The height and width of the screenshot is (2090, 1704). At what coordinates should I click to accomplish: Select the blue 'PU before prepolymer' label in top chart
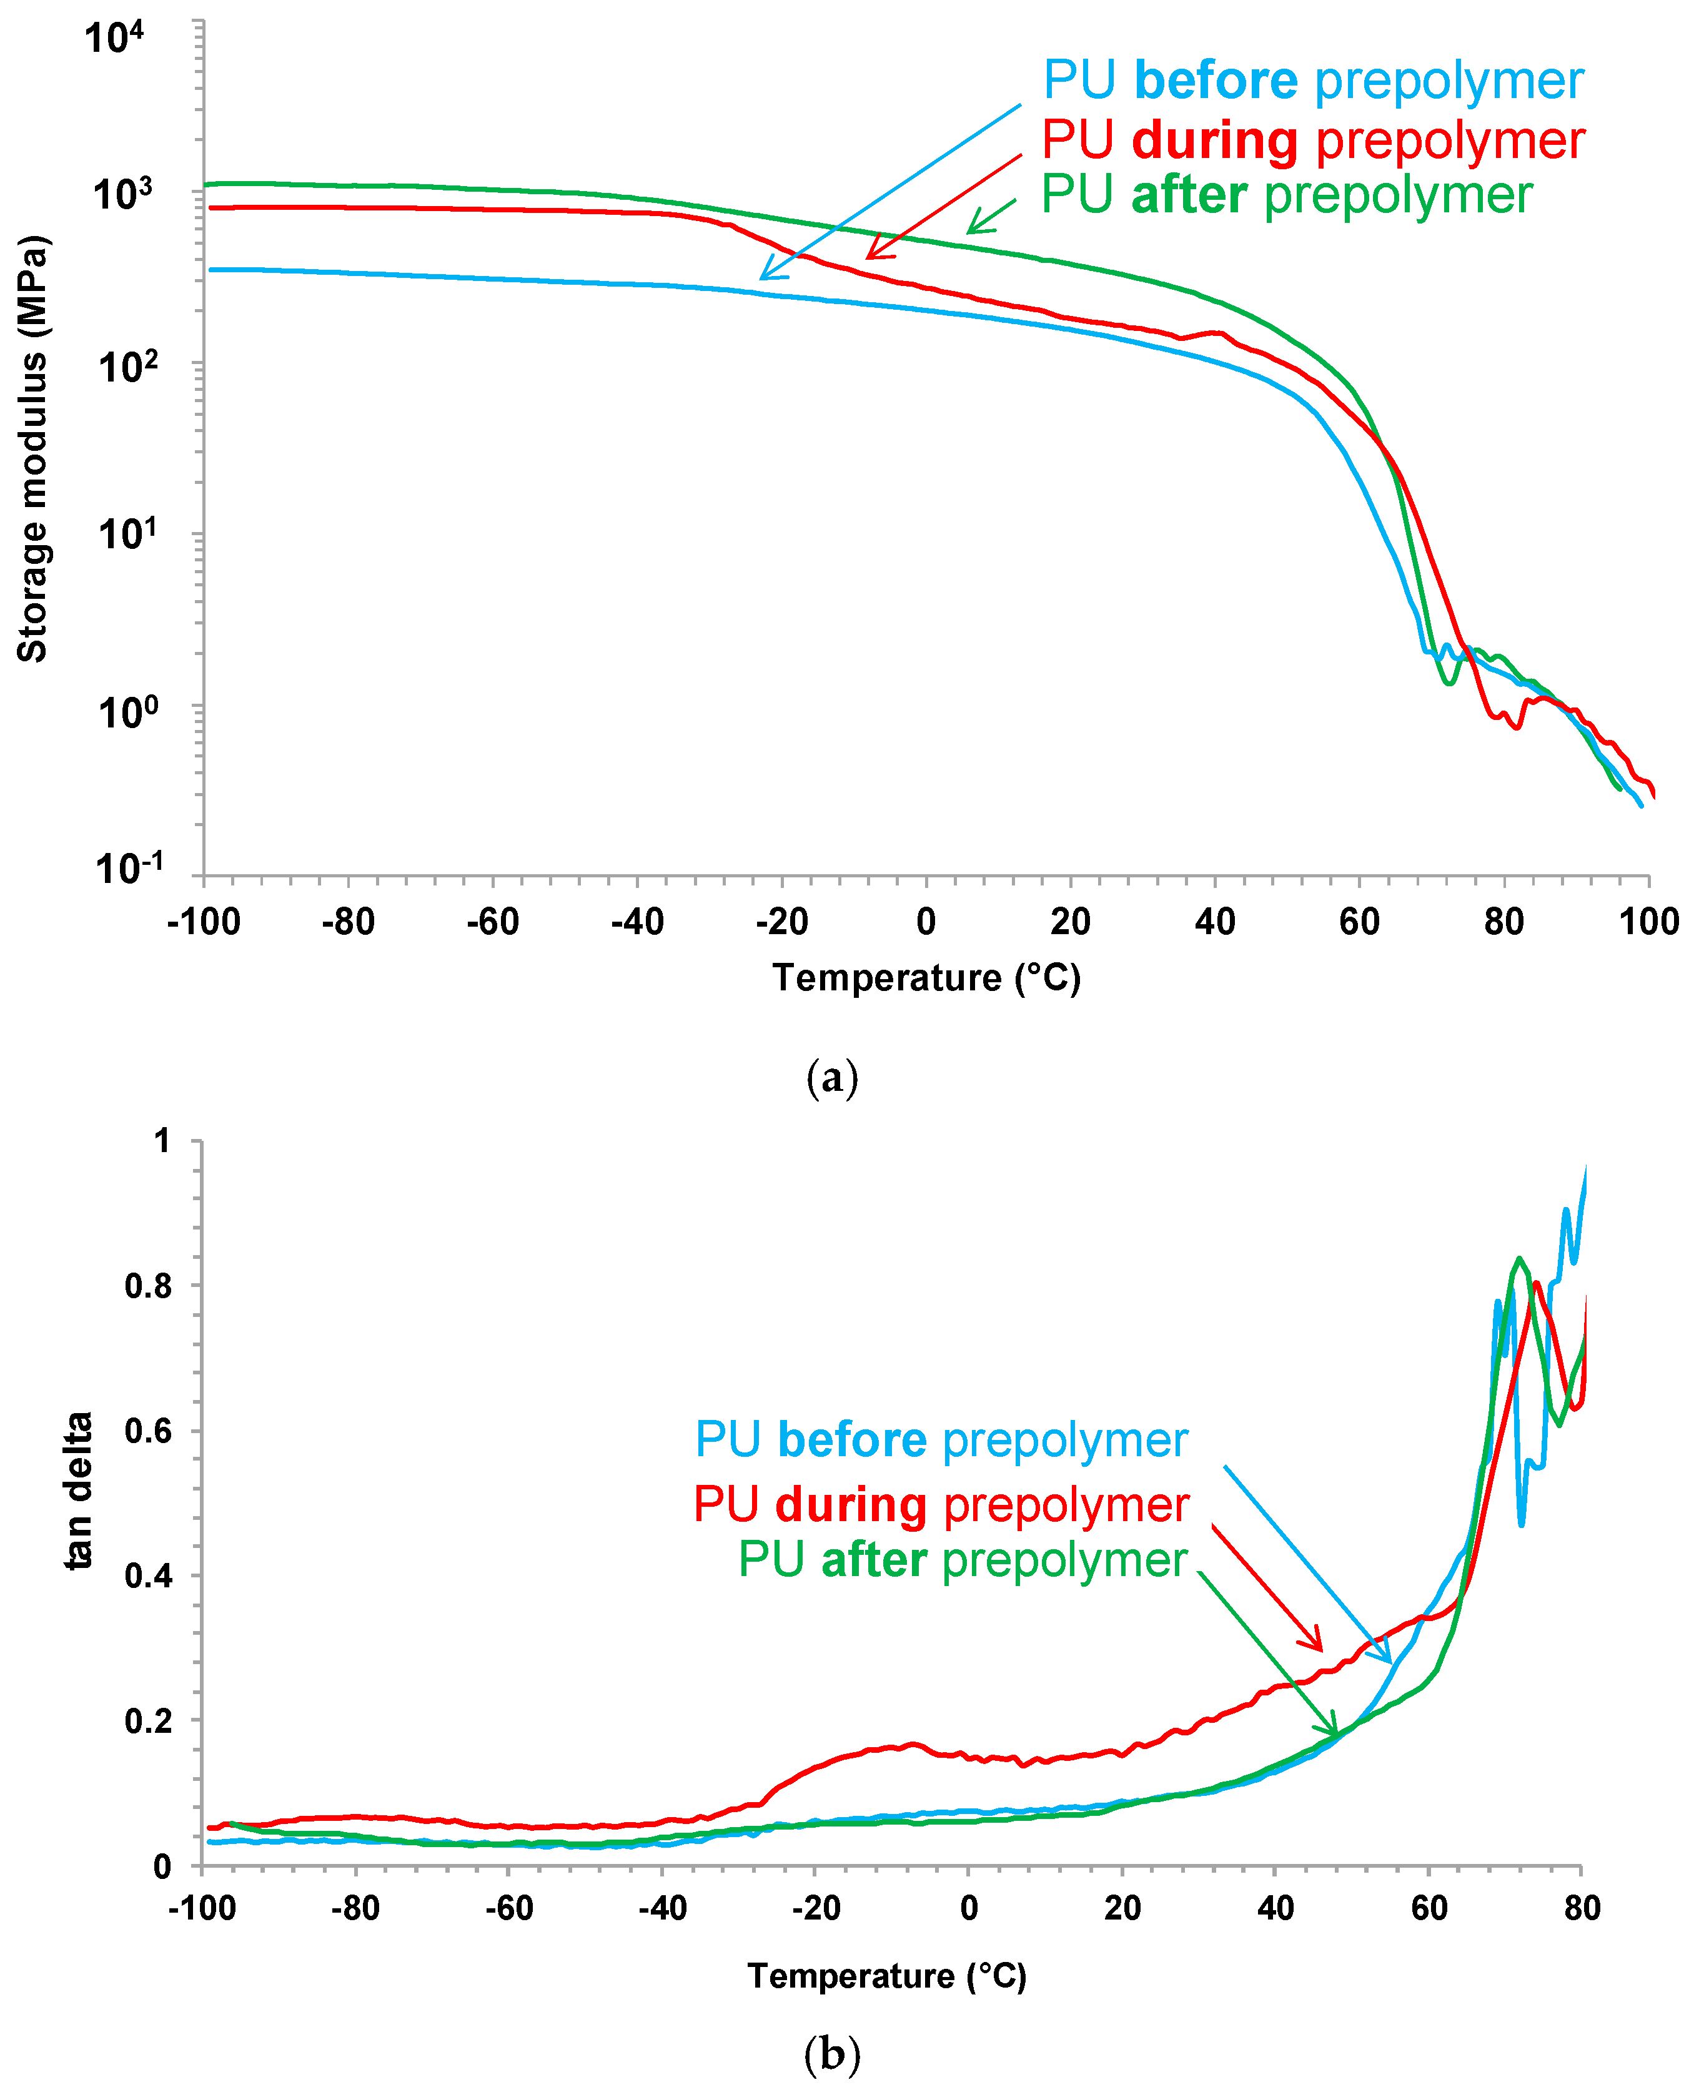click(x=1312, y=81)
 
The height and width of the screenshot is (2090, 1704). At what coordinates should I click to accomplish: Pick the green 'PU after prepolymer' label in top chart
click(x=1286, y=194)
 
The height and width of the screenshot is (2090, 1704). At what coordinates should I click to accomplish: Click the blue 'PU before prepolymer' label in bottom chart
click(x=940, y=1439)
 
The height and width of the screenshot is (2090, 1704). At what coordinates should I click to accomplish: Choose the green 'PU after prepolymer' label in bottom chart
click(x=962, y=1559)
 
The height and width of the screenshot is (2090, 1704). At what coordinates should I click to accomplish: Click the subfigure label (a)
click(x=831, y=1077)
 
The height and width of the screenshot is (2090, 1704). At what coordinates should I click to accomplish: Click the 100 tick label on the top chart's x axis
click(x=1648, y=922)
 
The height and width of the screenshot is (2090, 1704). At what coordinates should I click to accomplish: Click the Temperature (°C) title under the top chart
click(x=926, y=978)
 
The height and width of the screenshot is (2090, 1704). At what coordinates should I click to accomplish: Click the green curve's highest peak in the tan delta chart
click(x=1518, y=1259)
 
